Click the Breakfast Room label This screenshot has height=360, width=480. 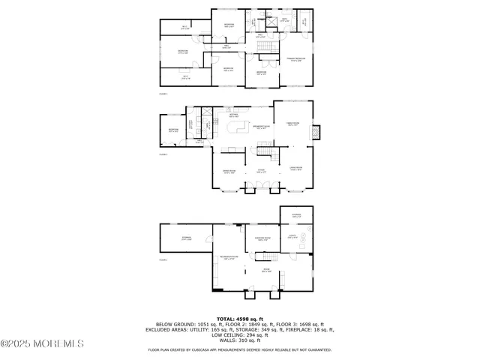(x=261, y=127)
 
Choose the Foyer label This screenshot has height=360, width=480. (x=262, y=172)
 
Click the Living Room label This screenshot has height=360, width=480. (x=295, y=169)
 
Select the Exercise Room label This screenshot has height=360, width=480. (x=262, y=239)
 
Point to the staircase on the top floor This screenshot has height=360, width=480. (x=265, y=49)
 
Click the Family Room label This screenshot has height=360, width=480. (x=294, y=125)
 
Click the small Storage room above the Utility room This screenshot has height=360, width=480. (x=296, y=216)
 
